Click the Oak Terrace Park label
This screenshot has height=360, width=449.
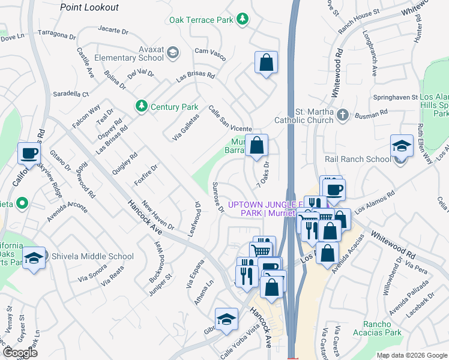[x=200, y=20]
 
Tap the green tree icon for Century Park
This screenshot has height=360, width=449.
[x=142, y=106]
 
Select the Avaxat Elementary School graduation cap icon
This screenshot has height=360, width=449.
[x=172, y=53]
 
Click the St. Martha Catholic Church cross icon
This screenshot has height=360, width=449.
[x=343, y=114]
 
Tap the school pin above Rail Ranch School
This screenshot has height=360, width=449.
[x=402, y=147]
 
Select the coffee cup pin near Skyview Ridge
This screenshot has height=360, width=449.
[x=29, y=154]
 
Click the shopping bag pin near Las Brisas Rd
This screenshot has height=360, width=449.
[x=266, y=62]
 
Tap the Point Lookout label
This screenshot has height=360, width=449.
[x=89, y=7]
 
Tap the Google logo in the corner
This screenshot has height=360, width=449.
[x=20, y=353]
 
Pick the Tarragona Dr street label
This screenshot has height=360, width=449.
[x=57, y=34]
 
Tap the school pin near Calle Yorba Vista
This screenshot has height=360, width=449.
[x=226, y=319]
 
